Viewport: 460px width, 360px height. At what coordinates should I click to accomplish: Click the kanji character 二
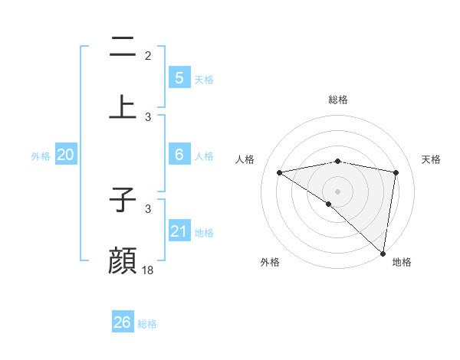tap(123, 47)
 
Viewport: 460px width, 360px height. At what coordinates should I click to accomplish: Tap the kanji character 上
tap(123, 106)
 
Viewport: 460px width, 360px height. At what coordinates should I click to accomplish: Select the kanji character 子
tap(123, 201)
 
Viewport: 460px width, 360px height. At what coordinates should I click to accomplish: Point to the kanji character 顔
tap(123, 260)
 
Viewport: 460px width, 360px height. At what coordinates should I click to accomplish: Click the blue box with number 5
tap(179, 77)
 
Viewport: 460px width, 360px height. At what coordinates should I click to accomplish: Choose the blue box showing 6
tap(179, 154)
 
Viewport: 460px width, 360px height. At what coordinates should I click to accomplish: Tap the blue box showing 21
tap(179, 231)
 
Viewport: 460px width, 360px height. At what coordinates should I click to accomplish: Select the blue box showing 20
tap(65, 155)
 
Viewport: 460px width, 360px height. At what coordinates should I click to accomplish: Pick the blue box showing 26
tap(122, 322)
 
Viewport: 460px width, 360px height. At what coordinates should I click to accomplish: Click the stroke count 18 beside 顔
tap(148, 270)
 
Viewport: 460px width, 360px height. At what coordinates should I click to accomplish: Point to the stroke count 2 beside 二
tap(148, 55)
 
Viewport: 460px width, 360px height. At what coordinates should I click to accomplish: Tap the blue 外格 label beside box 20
tap(41, 155)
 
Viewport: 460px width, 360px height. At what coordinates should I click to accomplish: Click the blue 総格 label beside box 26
tap(147, 324)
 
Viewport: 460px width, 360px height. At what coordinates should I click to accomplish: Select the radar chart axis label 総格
tap(338, 100)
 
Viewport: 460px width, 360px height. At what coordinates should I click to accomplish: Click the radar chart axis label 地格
tap(402, 262)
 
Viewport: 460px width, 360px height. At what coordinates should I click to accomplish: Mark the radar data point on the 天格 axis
tap(396, 172)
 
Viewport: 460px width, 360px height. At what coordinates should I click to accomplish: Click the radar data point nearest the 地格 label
tap(383, 253)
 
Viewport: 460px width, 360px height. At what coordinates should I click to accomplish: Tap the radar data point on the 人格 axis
tap(279, 172)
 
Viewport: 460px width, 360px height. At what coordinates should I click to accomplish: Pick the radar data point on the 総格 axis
tap(338, 161)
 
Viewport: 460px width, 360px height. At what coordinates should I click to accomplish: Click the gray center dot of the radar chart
tap(338, 191)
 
